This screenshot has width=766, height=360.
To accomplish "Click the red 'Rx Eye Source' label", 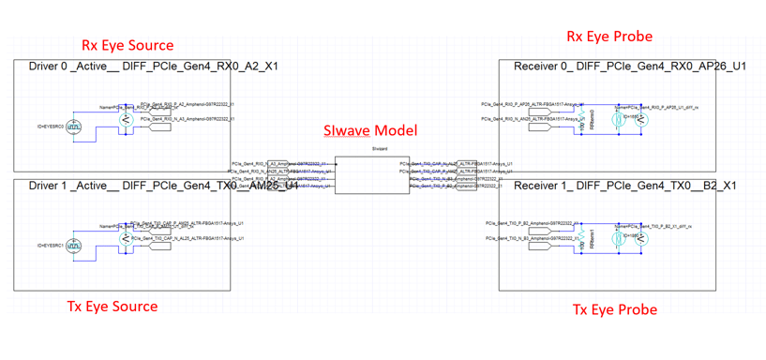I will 128,44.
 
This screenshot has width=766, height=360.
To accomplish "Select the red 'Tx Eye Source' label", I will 113,307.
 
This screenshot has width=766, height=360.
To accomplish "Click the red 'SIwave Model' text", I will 370,130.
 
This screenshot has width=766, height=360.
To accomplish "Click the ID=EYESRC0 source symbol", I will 73,127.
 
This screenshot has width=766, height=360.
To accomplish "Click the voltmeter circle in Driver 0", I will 126,119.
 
